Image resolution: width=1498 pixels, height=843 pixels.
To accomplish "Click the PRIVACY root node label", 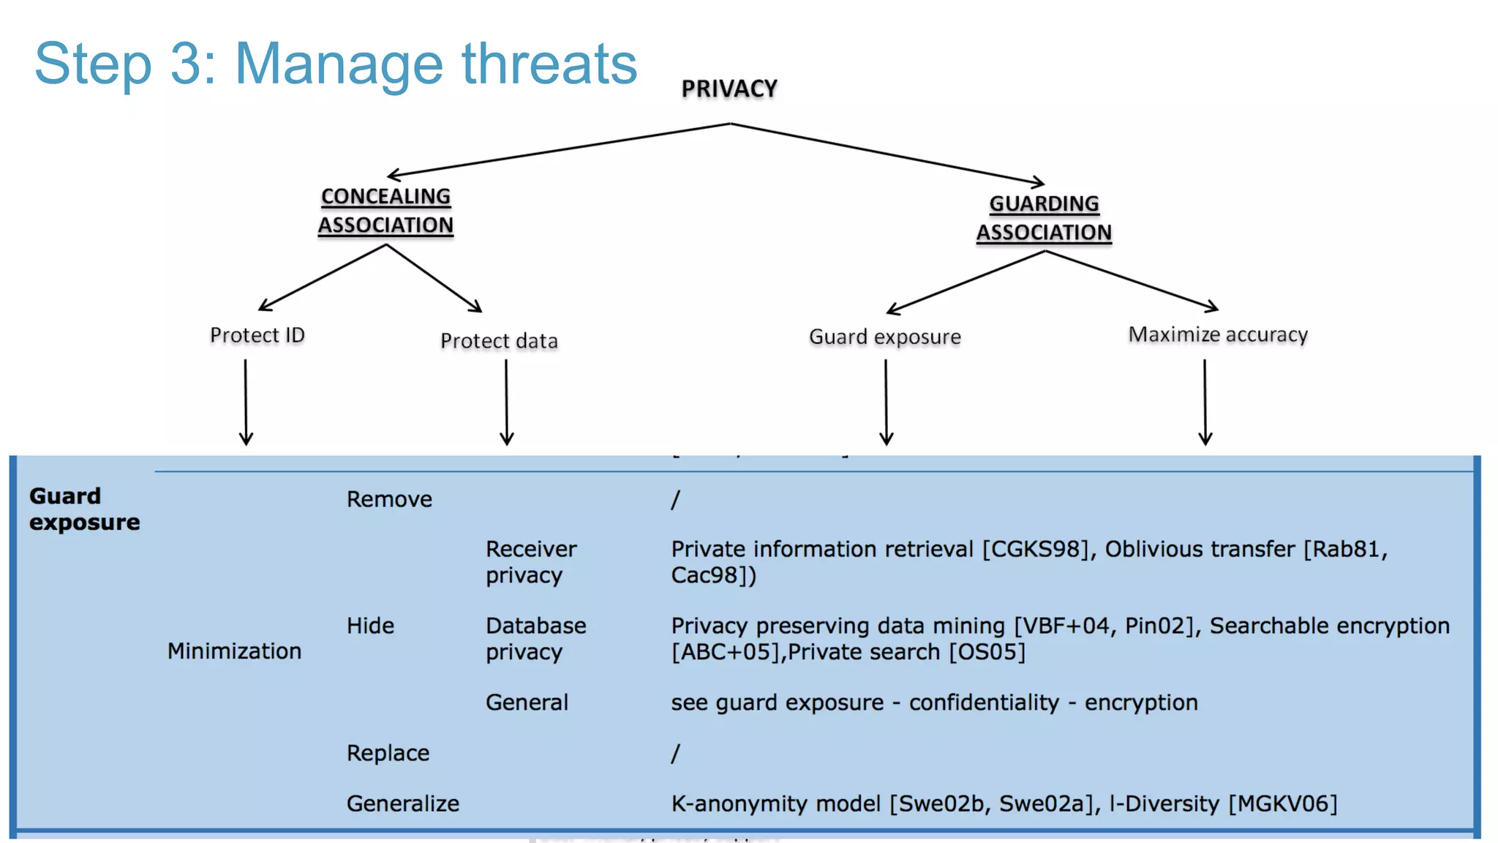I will click(729, 89).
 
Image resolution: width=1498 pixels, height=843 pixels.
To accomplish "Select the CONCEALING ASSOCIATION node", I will click(385, 211).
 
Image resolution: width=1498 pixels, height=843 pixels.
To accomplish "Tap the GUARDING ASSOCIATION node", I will click(1044, 218).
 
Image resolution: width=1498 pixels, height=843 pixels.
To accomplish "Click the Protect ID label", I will click(257, 335).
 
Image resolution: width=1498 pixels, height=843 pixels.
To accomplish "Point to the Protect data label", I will click(499, 341).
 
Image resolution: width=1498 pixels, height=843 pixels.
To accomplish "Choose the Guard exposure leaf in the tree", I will click(884, 337).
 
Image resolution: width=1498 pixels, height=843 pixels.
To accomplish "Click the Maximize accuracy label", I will click(1218, 334).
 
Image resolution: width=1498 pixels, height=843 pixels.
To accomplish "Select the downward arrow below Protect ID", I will click(246, 402).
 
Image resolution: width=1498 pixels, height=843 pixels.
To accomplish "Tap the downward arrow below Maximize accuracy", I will click(1205, 402).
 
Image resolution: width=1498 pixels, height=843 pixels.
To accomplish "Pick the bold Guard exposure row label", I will click(83, 509).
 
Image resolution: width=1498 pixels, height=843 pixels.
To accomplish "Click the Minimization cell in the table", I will click(234, 651).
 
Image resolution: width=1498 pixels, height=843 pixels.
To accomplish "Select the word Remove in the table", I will click(389, 499).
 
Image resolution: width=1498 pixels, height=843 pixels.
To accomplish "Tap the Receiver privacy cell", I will click(531, 562).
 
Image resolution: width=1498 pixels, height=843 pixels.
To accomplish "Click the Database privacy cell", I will click(535, 639).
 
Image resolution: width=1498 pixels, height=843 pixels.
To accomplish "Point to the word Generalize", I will click(403, 803).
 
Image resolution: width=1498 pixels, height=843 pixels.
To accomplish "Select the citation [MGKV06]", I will click(1282, 803).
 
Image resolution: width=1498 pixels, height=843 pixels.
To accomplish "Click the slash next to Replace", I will click(675, 753).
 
